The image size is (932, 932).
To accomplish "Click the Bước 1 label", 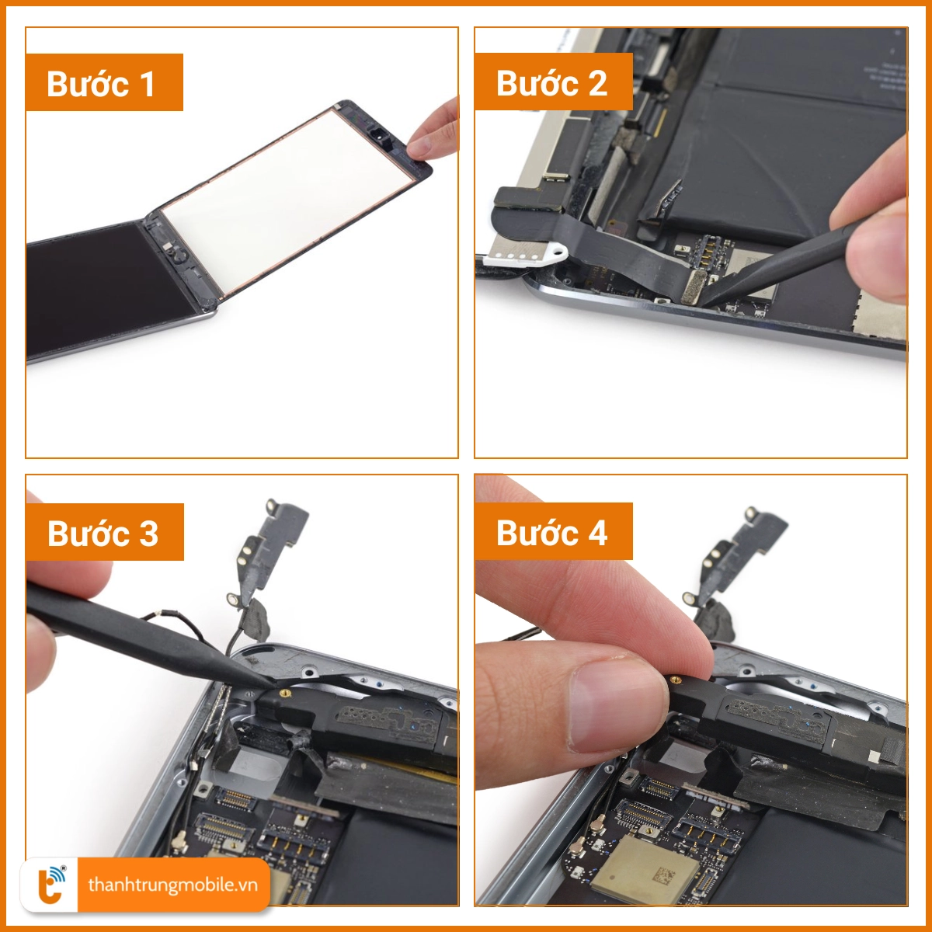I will pos(104,83).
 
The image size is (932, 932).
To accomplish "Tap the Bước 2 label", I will pos(553,83).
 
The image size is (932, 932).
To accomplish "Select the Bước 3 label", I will pos(104,533).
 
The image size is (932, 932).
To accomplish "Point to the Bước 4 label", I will pos(553,533).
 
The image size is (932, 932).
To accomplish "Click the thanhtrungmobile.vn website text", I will pos(172,885).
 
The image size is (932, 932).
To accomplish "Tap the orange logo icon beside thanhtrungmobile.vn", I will pos(51,885).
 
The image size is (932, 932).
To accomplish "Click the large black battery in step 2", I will pos(777,155).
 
